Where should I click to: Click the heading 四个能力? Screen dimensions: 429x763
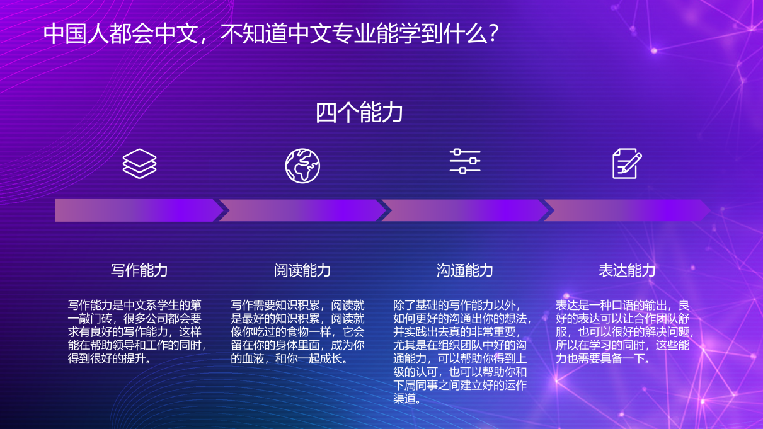click(x=359, y=113)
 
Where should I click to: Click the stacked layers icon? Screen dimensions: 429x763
click(x=139, y=164)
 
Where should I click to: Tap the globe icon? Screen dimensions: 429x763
click(x=302, y=166)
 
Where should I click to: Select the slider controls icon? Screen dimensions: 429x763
click(x=465, y=162)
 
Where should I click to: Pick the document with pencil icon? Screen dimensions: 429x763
click(x=627, y=163)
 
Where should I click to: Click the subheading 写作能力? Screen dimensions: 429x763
click(x=139, y=270)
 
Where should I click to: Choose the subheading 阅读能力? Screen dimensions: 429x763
click(x=302, y=270)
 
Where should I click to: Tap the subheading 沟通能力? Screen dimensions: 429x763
click(x=465, y=270)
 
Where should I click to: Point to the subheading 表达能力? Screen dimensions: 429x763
click(x=627, y=270)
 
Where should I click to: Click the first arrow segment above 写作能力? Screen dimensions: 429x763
click(x=135, y=210)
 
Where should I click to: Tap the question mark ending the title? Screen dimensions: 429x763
click(x=493, y=34)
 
